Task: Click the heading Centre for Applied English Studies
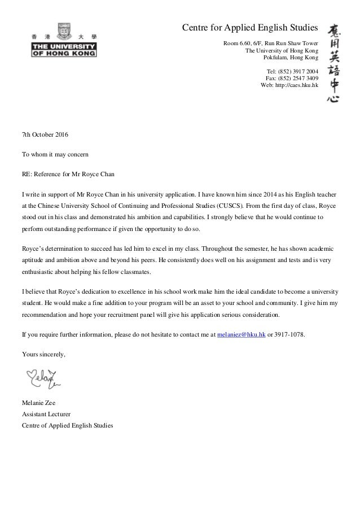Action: click(249, 28)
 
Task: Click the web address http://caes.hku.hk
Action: click(289, 86)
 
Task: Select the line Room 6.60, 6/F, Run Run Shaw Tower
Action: click(271, 43)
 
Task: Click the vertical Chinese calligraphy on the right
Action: click(333, 62)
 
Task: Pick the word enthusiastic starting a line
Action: click(39, 273)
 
